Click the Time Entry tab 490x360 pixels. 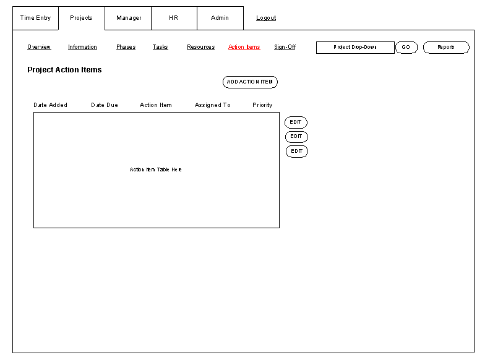35,18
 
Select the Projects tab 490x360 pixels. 81,18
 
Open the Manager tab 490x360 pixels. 128,18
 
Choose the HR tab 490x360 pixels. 174,18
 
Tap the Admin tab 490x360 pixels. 220,18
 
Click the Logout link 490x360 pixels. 266,18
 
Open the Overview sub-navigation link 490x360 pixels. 39,47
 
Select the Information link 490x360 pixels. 82,47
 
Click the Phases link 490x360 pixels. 126,47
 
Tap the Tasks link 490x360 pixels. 160,47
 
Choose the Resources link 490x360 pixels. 201,47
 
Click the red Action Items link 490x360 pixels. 244,47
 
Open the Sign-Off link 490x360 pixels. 285,47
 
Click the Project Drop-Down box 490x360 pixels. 355,48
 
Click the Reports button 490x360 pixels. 446,48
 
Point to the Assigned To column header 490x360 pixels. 212,105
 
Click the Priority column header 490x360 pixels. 262,105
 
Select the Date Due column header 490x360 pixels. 105,105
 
